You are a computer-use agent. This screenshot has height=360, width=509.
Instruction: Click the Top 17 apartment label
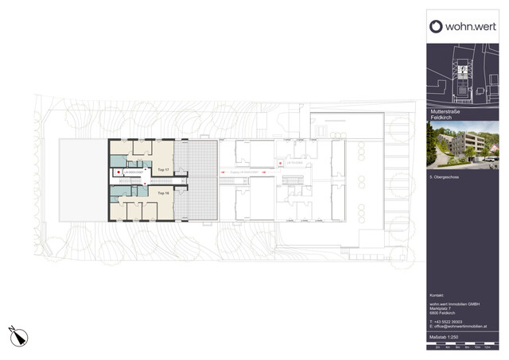tap(162, 170)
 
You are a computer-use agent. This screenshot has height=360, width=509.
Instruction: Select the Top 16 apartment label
tap(162, 193)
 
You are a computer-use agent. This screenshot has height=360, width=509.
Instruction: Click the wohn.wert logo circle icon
tap(436, 26)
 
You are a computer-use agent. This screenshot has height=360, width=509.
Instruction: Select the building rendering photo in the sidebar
tap(462, 144)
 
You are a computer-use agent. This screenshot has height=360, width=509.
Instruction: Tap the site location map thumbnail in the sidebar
tap(462, 73)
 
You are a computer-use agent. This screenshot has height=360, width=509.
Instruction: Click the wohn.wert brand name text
tap(469, 26)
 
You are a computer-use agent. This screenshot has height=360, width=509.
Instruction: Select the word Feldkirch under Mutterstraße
tap(440, 118)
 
